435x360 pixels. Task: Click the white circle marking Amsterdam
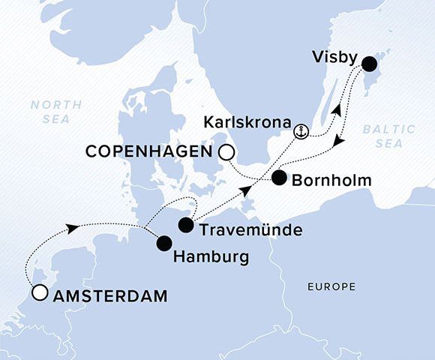click(39, 293)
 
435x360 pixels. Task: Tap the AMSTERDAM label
click(109, 297)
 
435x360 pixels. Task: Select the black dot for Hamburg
click(163, 243)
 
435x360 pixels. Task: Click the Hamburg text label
click(211, 257)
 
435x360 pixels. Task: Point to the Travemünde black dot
click(186, 224)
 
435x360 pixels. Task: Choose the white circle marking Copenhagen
click(226, 154)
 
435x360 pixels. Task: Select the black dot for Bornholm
click(279, 178)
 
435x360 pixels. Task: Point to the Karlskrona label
click(253, 121)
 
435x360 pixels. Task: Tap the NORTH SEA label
click(51, 112)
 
